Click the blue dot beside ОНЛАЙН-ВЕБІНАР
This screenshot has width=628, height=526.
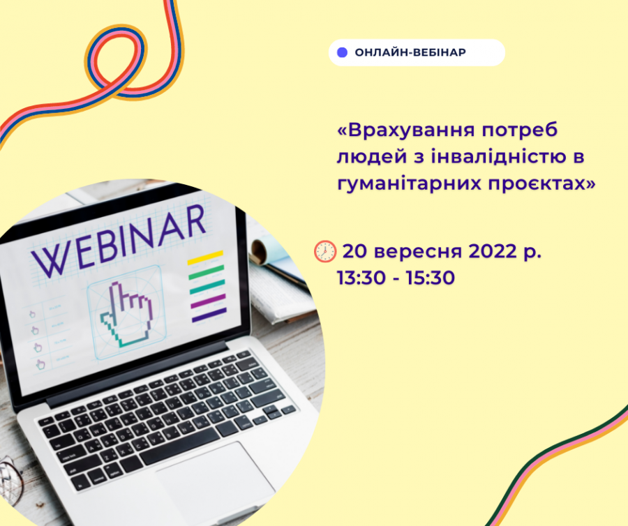pyautogui.click(x=342, y=52)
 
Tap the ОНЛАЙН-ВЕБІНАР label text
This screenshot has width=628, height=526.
pyautogui.click(x=410, y=52)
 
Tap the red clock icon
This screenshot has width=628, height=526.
pyautogui.click(x=324, y=251)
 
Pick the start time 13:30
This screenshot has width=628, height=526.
pyautogui.click(x=361, y=278)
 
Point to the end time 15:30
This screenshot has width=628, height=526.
pyautogui.click(x=431, y=278)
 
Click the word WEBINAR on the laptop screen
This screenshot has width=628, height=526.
pyautogui.click(x=119, y=242)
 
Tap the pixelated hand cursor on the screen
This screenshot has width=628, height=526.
pyautogui.click(x=126, y=315)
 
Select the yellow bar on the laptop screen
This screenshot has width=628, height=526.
pyautogui.click(x=205, y=257)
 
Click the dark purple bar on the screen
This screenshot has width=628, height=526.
pyautogui.click(x=209, y=315)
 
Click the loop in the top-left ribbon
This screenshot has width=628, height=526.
pyautogui.click(x=116, y=60)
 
